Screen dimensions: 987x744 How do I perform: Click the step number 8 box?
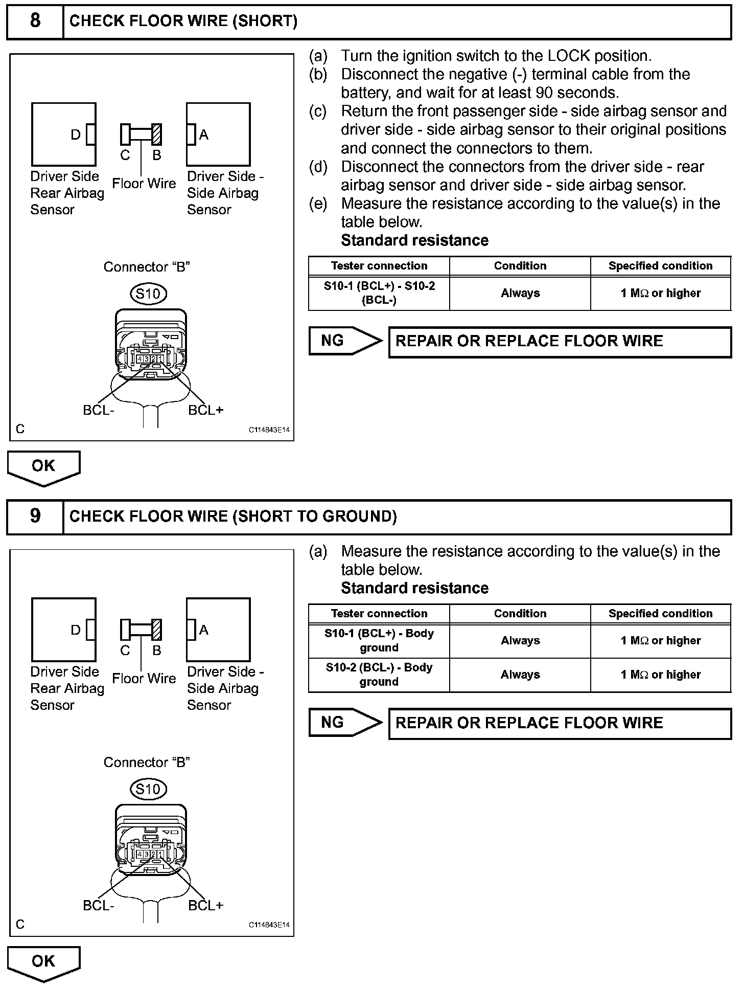(35, 21)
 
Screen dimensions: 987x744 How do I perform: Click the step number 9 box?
(35, 516)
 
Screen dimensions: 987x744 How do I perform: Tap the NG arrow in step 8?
(345, 341)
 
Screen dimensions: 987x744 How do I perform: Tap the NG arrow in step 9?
(345, 723)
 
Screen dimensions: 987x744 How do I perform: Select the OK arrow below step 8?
(43, 466)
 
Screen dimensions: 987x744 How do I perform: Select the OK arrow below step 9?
(43, 962)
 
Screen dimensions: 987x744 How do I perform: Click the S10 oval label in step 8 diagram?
(148, 294)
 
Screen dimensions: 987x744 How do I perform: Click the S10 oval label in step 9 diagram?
(148, 789)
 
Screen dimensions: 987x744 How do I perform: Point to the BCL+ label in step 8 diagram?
(205, 410)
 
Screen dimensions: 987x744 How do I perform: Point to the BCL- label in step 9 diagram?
(98, 906)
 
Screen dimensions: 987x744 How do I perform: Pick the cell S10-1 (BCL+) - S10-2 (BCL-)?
(379, 293)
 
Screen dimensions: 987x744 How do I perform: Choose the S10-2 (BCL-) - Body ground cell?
(379, 675)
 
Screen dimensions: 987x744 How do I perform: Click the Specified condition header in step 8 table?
(660, 266)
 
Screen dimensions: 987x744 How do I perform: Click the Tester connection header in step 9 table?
(379, 614)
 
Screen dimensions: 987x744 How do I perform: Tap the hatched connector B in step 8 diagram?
(157, 134)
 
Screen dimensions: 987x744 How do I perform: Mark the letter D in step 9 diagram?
(76, 630)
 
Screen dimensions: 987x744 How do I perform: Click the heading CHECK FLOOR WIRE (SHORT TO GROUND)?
(233, 517)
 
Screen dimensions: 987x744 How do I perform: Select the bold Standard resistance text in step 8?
(414, 240)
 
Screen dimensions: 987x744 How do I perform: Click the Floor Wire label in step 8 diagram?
(144, 184)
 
